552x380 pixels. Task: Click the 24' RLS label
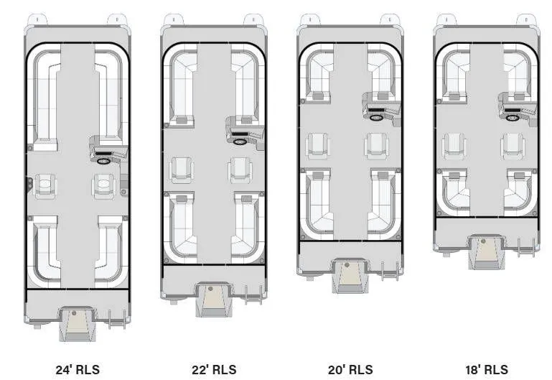(x=78, y=370)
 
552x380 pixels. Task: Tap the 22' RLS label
(x=214, y=370)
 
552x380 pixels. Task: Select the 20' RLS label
(x=351, y=370)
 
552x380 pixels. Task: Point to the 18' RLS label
(x=486, y=370)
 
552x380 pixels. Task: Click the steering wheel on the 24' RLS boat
(x=104, y=162)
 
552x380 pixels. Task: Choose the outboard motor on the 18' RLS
(x=486, y=251)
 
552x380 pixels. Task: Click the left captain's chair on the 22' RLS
(x=182, y=171)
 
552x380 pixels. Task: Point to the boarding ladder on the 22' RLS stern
(x=253, y=295)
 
